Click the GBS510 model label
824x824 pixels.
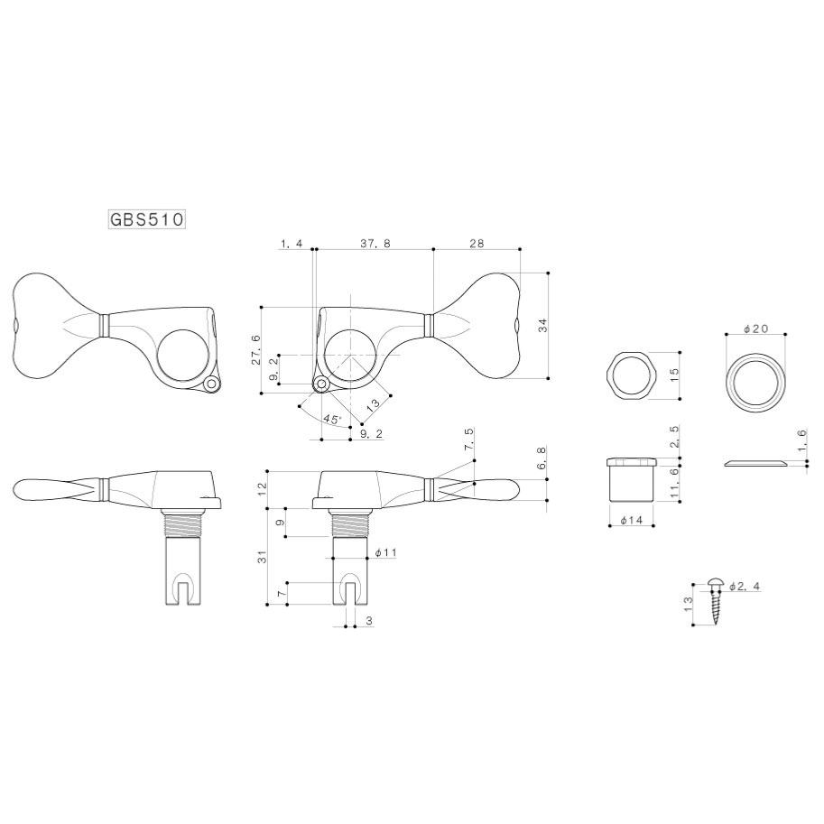(147, 219)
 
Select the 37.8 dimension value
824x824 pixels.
(375, 244)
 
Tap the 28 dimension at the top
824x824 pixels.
(477, 244)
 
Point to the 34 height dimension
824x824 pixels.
(542, 325)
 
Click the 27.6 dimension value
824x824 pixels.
(256, 349)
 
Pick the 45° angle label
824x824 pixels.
(332, 420)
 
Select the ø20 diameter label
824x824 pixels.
(756, 329)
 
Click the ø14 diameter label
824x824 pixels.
(632, 520)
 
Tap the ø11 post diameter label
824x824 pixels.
(386, 552)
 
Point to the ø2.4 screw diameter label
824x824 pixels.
(745, 587)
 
